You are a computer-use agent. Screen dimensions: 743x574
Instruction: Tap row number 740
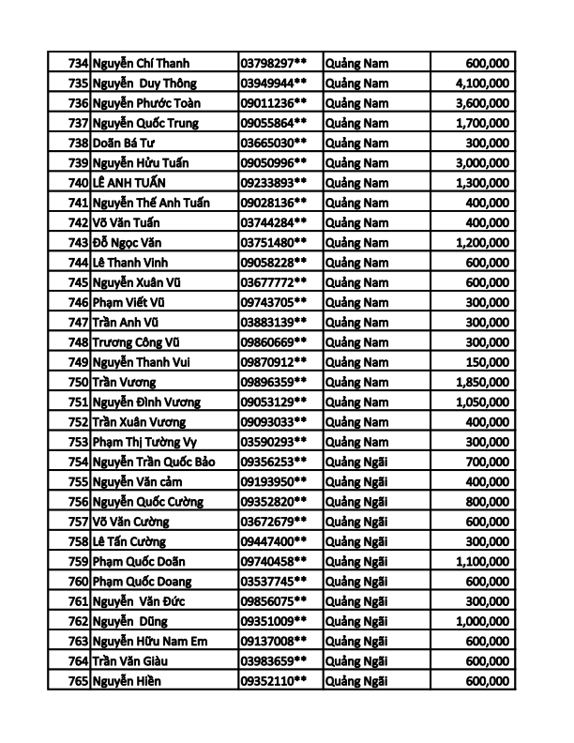click(78, 183)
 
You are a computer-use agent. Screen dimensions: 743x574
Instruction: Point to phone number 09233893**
click(274, 183)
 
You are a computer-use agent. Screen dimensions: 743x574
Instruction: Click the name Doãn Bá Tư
click(127, 143)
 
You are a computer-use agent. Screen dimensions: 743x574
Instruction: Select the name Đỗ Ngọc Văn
click(130, 243)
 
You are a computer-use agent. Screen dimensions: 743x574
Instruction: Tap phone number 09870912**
click(274, 362)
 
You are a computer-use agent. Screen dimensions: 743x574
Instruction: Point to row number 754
click(78, 462)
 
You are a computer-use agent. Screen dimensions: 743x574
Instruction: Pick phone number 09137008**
click(274, 641)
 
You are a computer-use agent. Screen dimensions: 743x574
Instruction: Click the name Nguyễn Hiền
click(127, 681)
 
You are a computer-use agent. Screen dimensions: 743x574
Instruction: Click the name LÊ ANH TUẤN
click(136, 183)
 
